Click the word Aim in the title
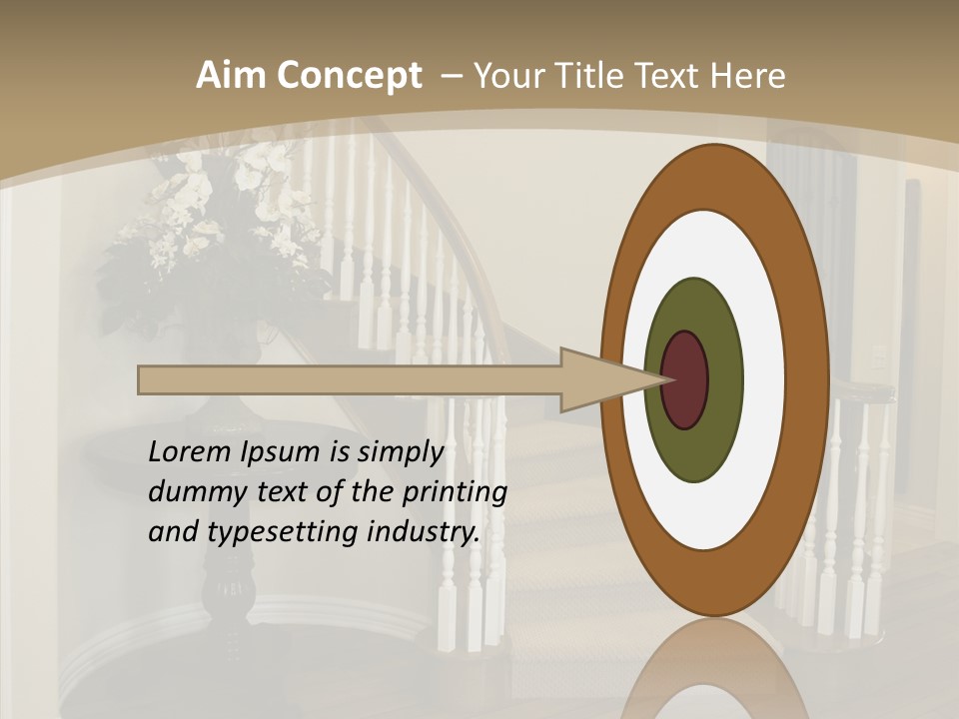click(231, 76)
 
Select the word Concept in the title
click(349, 76)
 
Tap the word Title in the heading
click(603, 76)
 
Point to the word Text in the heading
click(677, 76)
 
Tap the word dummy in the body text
click(187, 492)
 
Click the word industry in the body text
click(424, 532)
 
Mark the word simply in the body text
click(400, 453)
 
